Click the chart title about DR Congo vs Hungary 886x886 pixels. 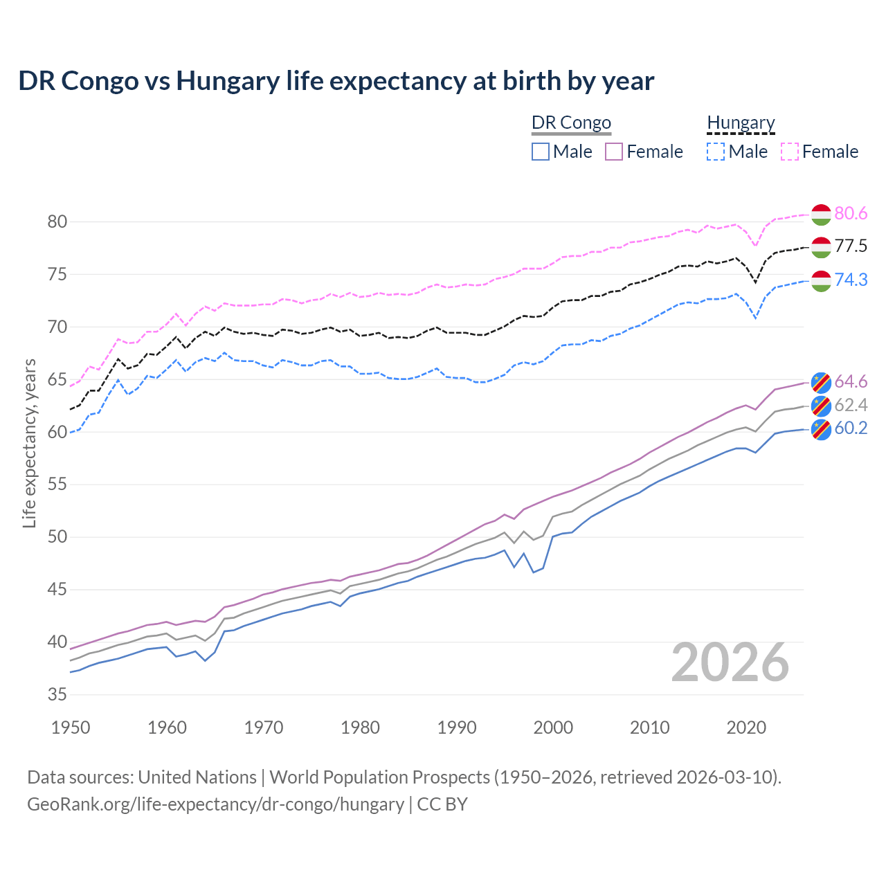(x=336, y=81)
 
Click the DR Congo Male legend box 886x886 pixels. (x=541, y=152)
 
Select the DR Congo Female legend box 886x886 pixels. (x=615, y=152)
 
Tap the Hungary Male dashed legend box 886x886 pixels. (x=716, y=152)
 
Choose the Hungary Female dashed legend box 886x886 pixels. (x=790, y=152)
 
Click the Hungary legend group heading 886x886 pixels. (x=741, y=123)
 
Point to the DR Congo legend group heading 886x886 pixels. (x=571, y=123)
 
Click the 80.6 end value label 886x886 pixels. (x=851, y=213)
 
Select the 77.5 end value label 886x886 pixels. (x=851, y=246)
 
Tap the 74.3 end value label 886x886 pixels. (x=851, y=280)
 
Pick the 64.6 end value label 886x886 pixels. (x=851, y=381)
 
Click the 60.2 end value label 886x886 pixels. (x=851, y=428)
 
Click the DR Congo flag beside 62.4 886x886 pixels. (x=821, y=406)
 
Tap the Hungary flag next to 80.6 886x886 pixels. (x=821, y=215)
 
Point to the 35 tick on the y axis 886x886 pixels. (x=57, y=694)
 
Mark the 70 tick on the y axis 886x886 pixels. (x=57, y=327)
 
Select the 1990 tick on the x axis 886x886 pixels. (x=457, y=727)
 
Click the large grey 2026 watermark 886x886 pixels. (x=730, y=662)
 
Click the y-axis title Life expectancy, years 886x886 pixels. (x=30, y=443)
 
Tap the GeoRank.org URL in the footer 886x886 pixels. (x=215, y=804)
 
